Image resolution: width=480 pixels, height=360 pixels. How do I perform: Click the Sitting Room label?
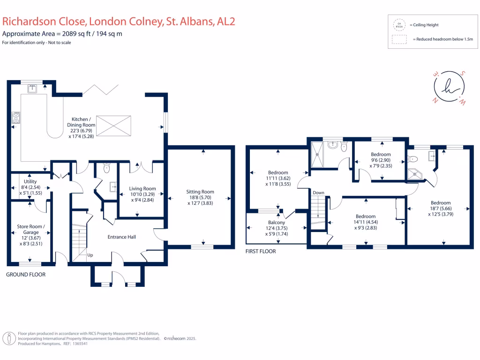coord(200,192)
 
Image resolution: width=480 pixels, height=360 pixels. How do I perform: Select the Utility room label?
coord(30,181)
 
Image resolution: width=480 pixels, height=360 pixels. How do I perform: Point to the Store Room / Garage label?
coord(31,226)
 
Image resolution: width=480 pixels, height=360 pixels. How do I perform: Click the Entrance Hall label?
coord(121,237)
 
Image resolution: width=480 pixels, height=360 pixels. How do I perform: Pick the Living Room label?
coord(142,189)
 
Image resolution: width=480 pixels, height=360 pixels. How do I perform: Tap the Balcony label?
coord(277,223)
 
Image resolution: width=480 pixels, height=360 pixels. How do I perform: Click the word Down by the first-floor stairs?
coord(318,193)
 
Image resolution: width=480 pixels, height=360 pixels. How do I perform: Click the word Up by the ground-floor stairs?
coord(90,255)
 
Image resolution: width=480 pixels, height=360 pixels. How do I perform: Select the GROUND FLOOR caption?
coord(26,274)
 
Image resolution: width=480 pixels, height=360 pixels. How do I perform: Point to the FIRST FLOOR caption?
coord(261,251)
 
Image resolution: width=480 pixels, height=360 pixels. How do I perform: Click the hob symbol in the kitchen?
coord(16,117)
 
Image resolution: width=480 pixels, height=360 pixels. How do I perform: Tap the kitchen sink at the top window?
coord(32,87)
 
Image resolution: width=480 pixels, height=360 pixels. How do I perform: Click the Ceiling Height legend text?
coord(424,25)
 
